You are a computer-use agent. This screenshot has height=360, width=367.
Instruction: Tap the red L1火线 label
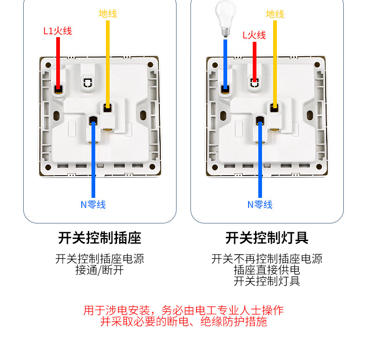click(x=58, y=32)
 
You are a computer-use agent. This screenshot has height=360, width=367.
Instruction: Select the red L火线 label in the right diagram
click(x=254, y=35)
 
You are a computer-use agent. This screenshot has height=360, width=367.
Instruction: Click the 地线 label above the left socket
click(x=108, y=13)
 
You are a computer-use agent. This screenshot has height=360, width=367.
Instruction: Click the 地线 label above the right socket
click(x=275, y=13)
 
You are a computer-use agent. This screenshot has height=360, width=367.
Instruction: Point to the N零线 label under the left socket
click(x=93, y=204)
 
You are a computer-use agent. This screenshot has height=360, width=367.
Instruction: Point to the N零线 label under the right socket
click(x=260, y=204)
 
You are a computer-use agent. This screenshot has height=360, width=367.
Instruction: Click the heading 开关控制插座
click(x=99, y=238)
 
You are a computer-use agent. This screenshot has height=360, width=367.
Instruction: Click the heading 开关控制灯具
click(x=267, y=238)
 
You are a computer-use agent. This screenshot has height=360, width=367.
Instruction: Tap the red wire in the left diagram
click(x=59, y=60)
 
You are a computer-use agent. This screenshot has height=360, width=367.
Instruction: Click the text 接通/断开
click(x=99, y=270)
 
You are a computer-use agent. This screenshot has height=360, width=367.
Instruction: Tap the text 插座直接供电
click(x=267, y=270)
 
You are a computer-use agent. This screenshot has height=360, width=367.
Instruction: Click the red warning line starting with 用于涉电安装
click(x=183, y=310)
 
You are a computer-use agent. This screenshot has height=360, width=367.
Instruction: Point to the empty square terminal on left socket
click(x=88, y=83)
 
